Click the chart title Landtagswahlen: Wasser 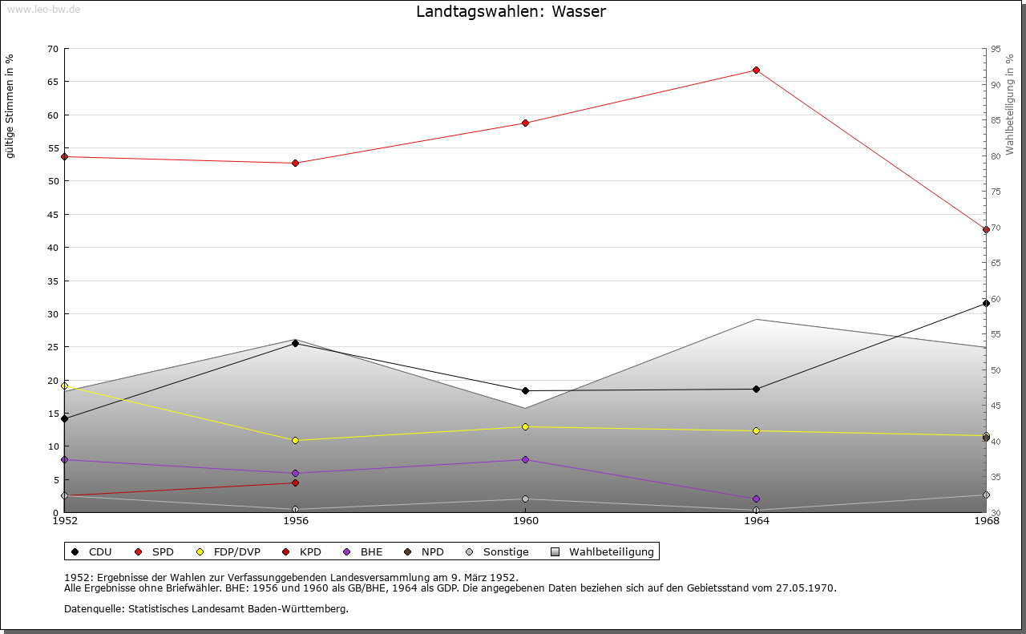(x=511, y=12)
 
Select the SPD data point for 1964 (x=756, y=71)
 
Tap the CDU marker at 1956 (x=295, y=343)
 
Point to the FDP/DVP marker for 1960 (x=525, y=426)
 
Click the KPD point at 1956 (x=295, y=483)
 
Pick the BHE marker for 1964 (x=756, y=499)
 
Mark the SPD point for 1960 (x=525, y=123)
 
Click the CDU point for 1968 (x=986, y=303)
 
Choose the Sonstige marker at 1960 (x=525, y=499)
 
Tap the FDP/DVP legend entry (x=228, y=551)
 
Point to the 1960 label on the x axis (x=525, y=521)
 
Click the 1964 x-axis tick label (x=756, y=521)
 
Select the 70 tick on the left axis (x=52, y=49)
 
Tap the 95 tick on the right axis (x=996, y=49)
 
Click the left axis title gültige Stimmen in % (x=10, y=106)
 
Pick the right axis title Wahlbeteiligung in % (x=1011, y=104)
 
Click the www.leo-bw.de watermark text (x=42, y=9)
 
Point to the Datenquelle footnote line (x=206, y=608)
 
